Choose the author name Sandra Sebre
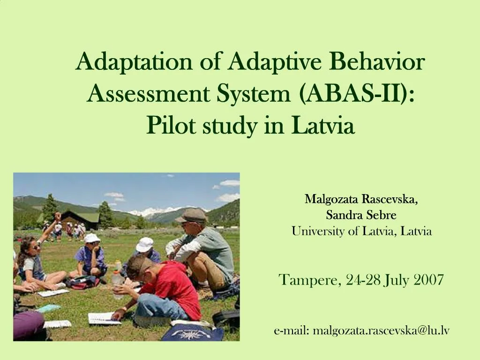coord(361,215)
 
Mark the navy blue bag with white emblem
coord(193,333)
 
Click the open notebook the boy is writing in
coord(104,318)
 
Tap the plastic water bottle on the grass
coord(117,281)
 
